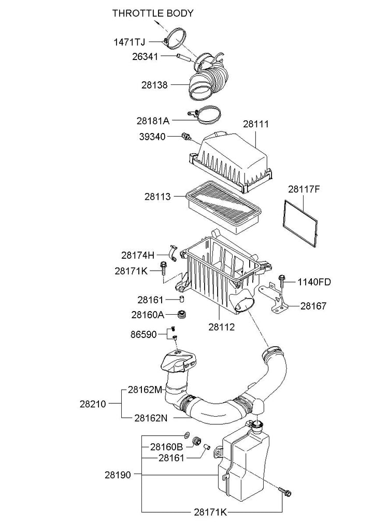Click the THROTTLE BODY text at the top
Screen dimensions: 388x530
153,13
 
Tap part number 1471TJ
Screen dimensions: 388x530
129,42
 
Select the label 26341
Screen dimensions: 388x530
145,56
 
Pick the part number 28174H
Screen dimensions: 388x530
138,255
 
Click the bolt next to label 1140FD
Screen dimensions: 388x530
281,281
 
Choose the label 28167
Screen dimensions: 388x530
313,306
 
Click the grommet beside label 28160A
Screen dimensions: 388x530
183,314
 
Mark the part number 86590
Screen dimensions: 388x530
144,335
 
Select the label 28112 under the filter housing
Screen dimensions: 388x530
222,327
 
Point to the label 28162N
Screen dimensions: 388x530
151,418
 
